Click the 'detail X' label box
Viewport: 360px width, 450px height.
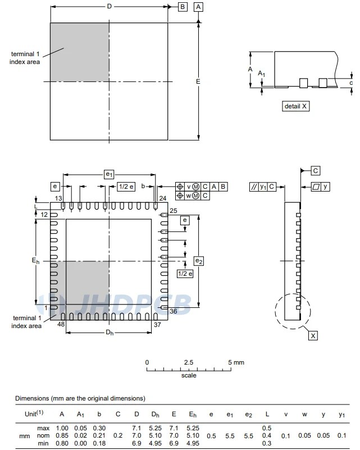pyautogui.click(x=296, y=106)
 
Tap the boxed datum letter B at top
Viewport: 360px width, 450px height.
pyautogui.click(x=183, y=7)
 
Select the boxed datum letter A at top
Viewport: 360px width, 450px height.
pyautogui.click(x=199, y=7)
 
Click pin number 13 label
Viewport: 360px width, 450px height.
pyautogui.click(x=58, y=198)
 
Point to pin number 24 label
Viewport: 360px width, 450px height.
pyautogui.click(x=163, y=198)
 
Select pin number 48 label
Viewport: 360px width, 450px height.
pyautogui.click(x=61, y=325)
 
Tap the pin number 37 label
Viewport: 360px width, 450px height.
pyautogui.click(x=157, y=325)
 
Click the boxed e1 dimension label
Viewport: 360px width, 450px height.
pyautogui.click(x=109, y=175)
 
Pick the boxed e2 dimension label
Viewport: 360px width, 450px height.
pyautogui.click(x=198, y=261)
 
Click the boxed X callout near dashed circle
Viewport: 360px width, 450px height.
pyautogui.click(x=313, y=335)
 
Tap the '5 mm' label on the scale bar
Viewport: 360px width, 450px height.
pyautogui.click(x=236, y=362)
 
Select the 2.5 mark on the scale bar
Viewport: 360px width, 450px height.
pyautogui.click(x=189, y=362)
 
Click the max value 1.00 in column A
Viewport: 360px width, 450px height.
pyautogui.click(x=62, y=428)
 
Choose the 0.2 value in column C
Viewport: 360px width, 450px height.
pyautogui.click(x=117, y=435)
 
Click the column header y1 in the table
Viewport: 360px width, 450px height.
pyautogui.click(x=341, y=414)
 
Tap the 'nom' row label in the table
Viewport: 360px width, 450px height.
pyautogui.click(x=43, y=435)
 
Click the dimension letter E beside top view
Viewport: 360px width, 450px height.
pyautogui.click(x=198, y=81)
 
